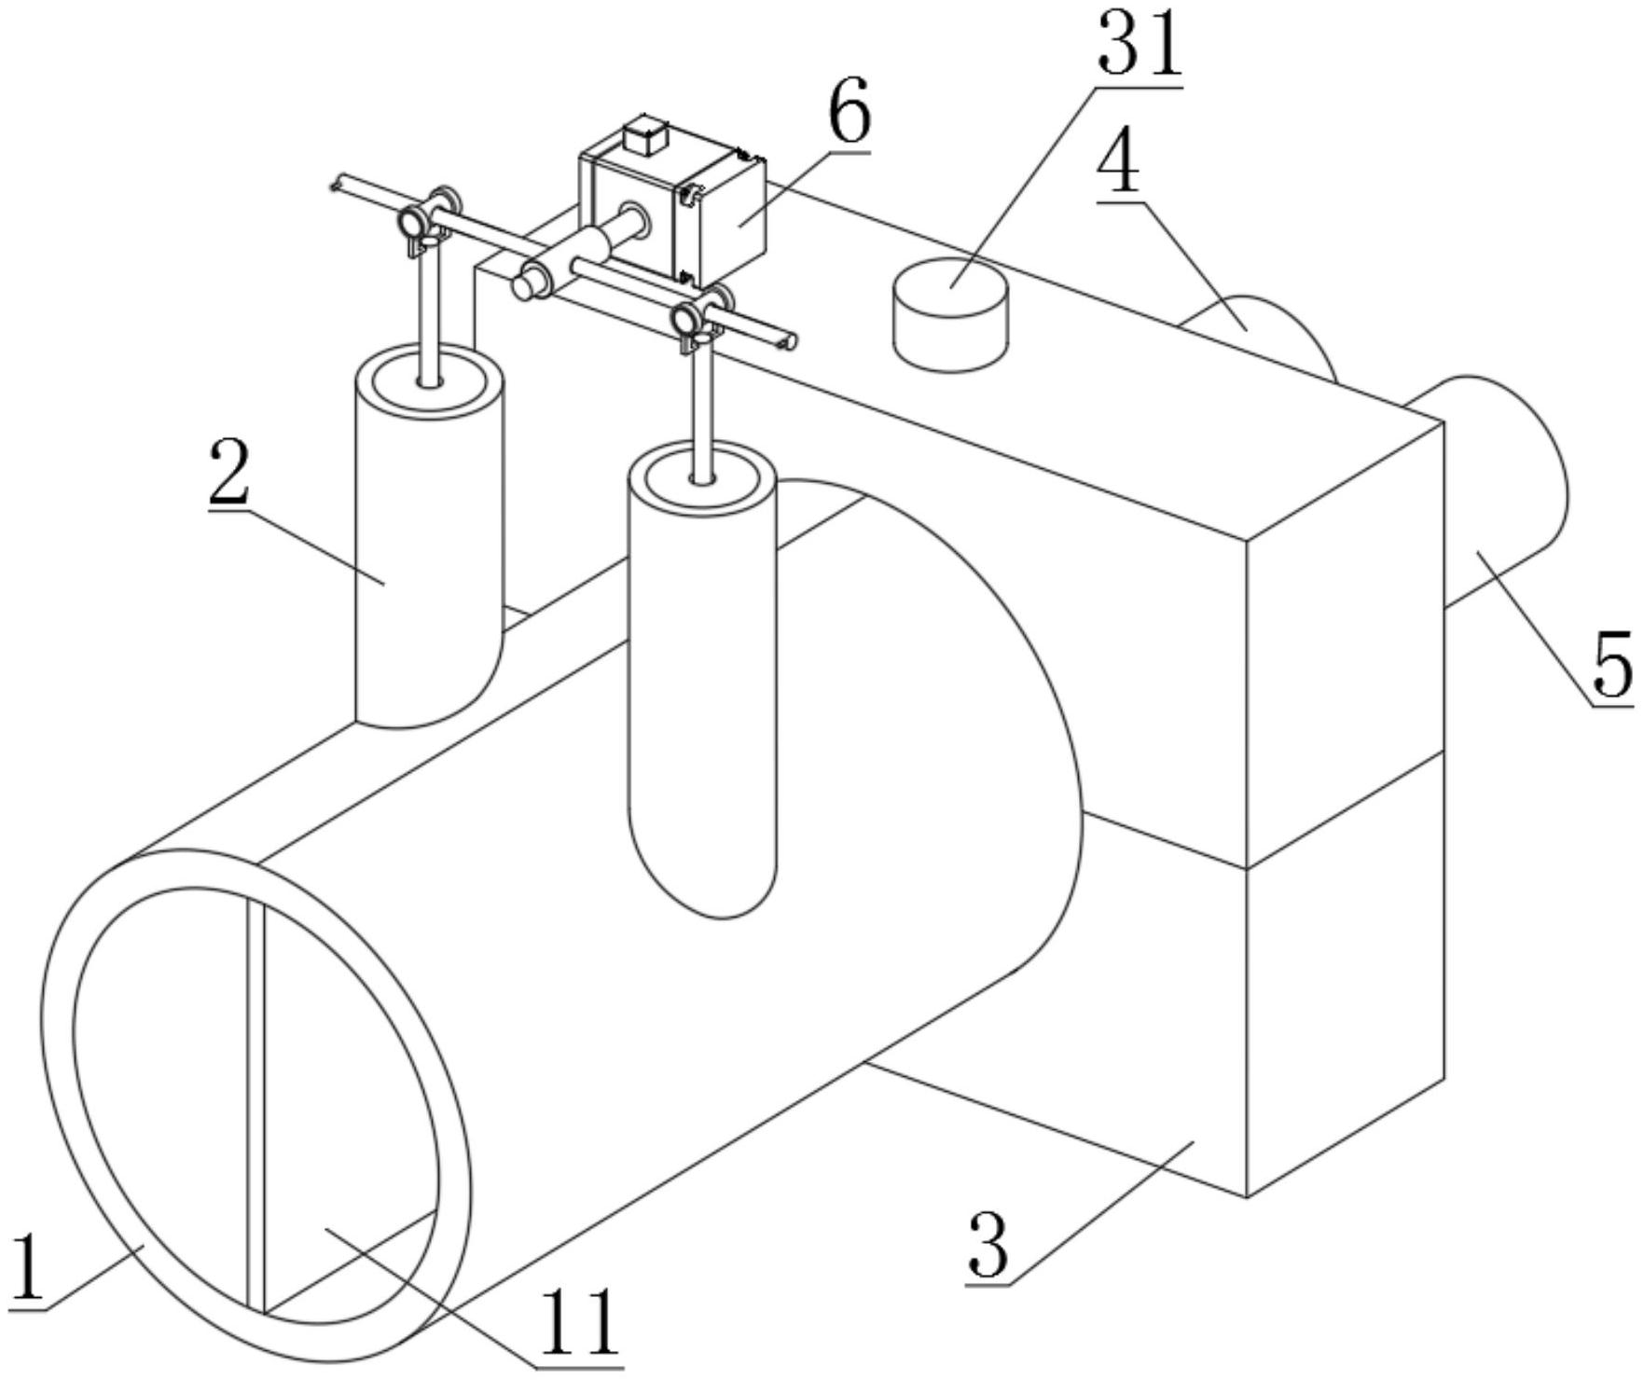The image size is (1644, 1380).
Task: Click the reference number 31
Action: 1140,46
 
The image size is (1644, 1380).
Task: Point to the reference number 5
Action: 1611,664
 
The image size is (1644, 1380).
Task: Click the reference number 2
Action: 228,474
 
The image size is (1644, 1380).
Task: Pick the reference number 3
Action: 988,1245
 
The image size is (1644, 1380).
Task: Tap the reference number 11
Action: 580,1322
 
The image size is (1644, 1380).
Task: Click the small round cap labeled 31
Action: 950,315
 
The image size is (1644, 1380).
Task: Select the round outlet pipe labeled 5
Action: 1492,485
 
